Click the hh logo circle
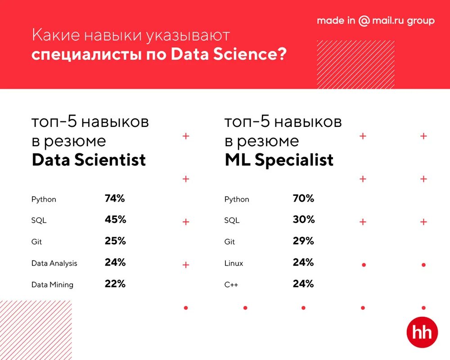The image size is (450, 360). pos(422,333)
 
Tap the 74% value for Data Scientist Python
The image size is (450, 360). pos(115,198)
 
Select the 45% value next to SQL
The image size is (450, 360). pos(115,220)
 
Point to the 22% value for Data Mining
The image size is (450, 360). pos(115,284)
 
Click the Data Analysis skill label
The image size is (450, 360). pos(54,263)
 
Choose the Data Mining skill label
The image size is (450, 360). pos(52,285)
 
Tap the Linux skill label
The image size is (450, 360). pos(234,263)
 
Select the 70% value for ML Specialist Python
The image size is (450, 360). pos(303,198)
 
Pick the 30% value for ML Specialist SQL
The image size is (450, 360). pos(303,220)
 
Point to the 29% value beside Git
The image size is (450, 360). pos(303,241)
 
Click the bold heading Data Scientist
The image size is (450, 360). pos(89,160)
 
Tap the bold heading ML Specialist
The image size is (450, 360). pos(279,160)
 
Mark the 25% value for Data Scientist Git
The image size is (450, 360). pos(115,241)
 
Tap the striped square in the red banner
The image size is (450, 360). pos(355,64)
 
